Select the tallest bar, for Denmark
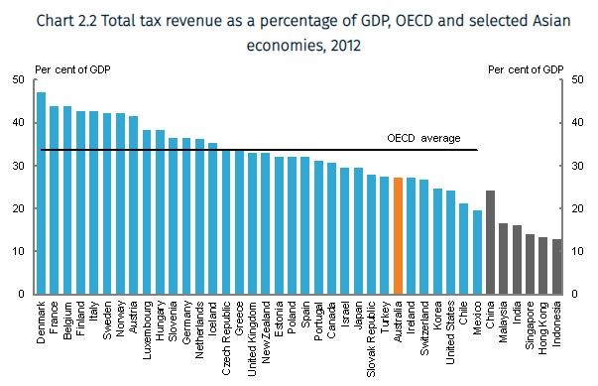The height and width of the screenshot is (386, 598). tap(42, 193)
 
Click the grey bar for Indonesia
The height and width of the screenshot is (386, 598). tap(555, 267)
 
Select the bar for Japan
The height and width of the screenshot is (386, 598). tap(358, 231)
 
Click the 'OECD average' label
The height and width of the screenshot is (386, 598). tap(423, 138)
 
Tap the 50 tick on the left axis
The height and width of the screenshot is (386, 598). tap(21, 80)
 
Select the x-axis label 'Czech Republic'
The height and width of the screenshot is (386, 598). tap(226, 337)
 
